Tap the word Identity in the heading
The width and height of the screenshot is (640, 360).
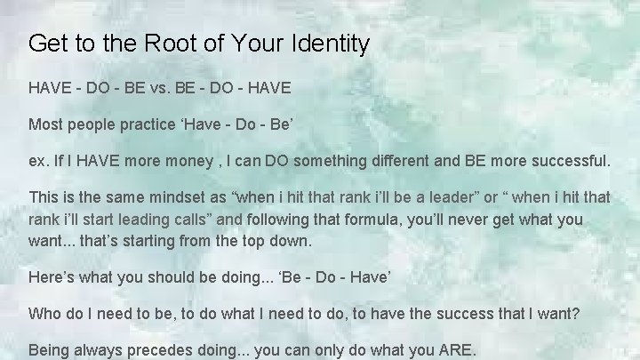click(325, 44)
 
